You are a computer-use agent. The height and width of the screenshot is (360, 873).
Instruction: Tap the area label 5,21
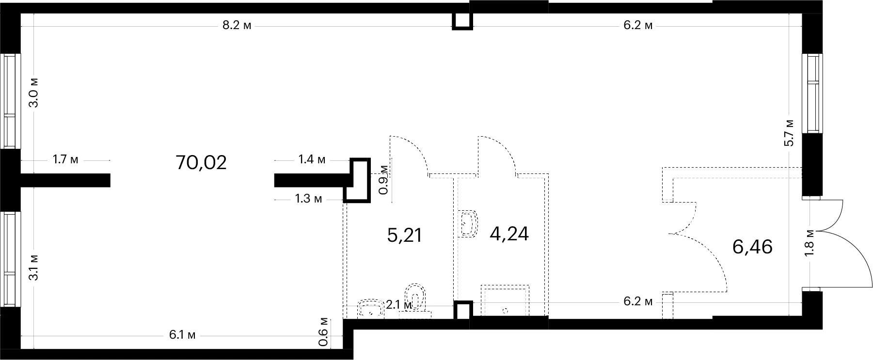[x=405, y=236]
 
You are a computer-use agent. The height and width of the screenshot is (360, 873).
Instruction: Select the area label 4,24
[x=509, y=234]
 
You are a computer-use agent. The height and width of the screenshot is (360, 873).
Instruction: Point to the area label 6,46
[x=752, y=247]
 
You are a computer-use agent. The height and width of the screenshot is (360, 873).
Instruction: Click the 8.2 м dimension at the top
[x=237, y=26]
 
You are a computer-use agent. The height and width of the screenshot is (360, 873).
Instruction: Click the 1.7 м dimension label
[x=65, y=159]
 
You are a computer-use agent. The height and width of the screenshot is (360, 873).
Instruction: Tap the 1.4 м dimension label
[x=312, y=159]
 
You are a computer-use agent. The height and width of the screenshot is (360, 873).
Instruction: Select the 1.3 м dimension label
[x=308, y=199]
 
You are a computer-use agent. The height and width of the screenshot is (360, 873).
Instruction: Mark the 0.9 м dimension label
[x=383, y=179]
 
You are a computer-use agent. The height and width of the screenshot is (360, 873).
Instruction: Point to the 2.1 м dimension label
[x=399, y=305]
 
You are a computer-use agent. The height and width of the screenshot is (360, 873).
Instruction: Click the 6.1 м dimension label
[x=182, y=335]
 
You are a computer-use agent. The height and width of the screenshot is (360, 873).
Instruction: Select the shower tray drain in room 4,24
[x=505, y=310]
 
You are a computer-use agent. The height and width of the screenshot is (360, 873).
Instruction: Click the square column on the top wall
[x=461, y=20]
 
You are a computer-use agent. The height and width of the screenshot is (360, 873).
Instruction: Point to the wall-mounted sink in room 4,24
[x=467, y=223]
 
